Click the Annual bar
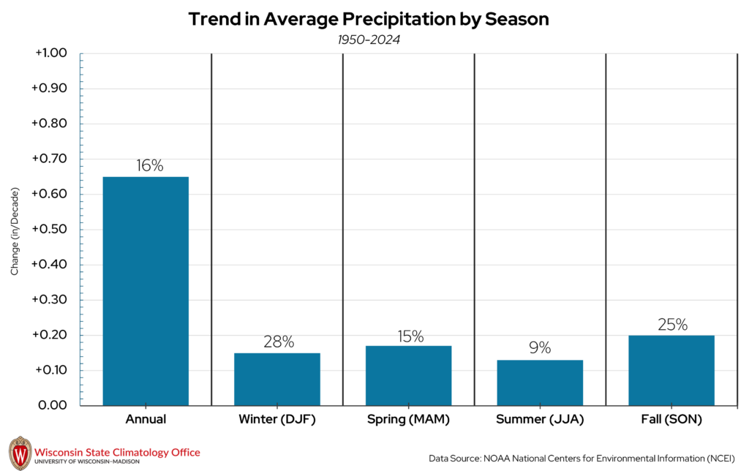coord(146,291)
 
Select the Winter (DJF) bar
coord(277,379)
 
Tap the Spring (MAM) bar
coord(409,375)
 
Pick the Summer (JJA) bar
coord(540,383)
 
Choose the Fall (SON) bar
coord(671,370)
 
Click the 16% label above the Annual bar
coord(149,165)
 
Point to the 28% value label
coord(278,342)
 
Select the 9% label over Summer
coord(540,348)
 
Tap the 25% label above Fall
coord(671,324)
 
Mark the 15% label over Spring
coord(410,336)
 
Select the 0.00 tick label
coord(52,405)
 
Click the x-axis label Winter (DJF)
coord(277,420)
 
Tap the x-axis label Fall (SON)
coord(671,420)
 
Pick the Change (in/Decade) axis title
coord(15,231)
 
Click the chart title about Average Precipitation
coord(369,20)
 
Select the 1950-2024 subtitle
coord(369,39)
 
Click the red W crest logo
coord(20,453)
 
